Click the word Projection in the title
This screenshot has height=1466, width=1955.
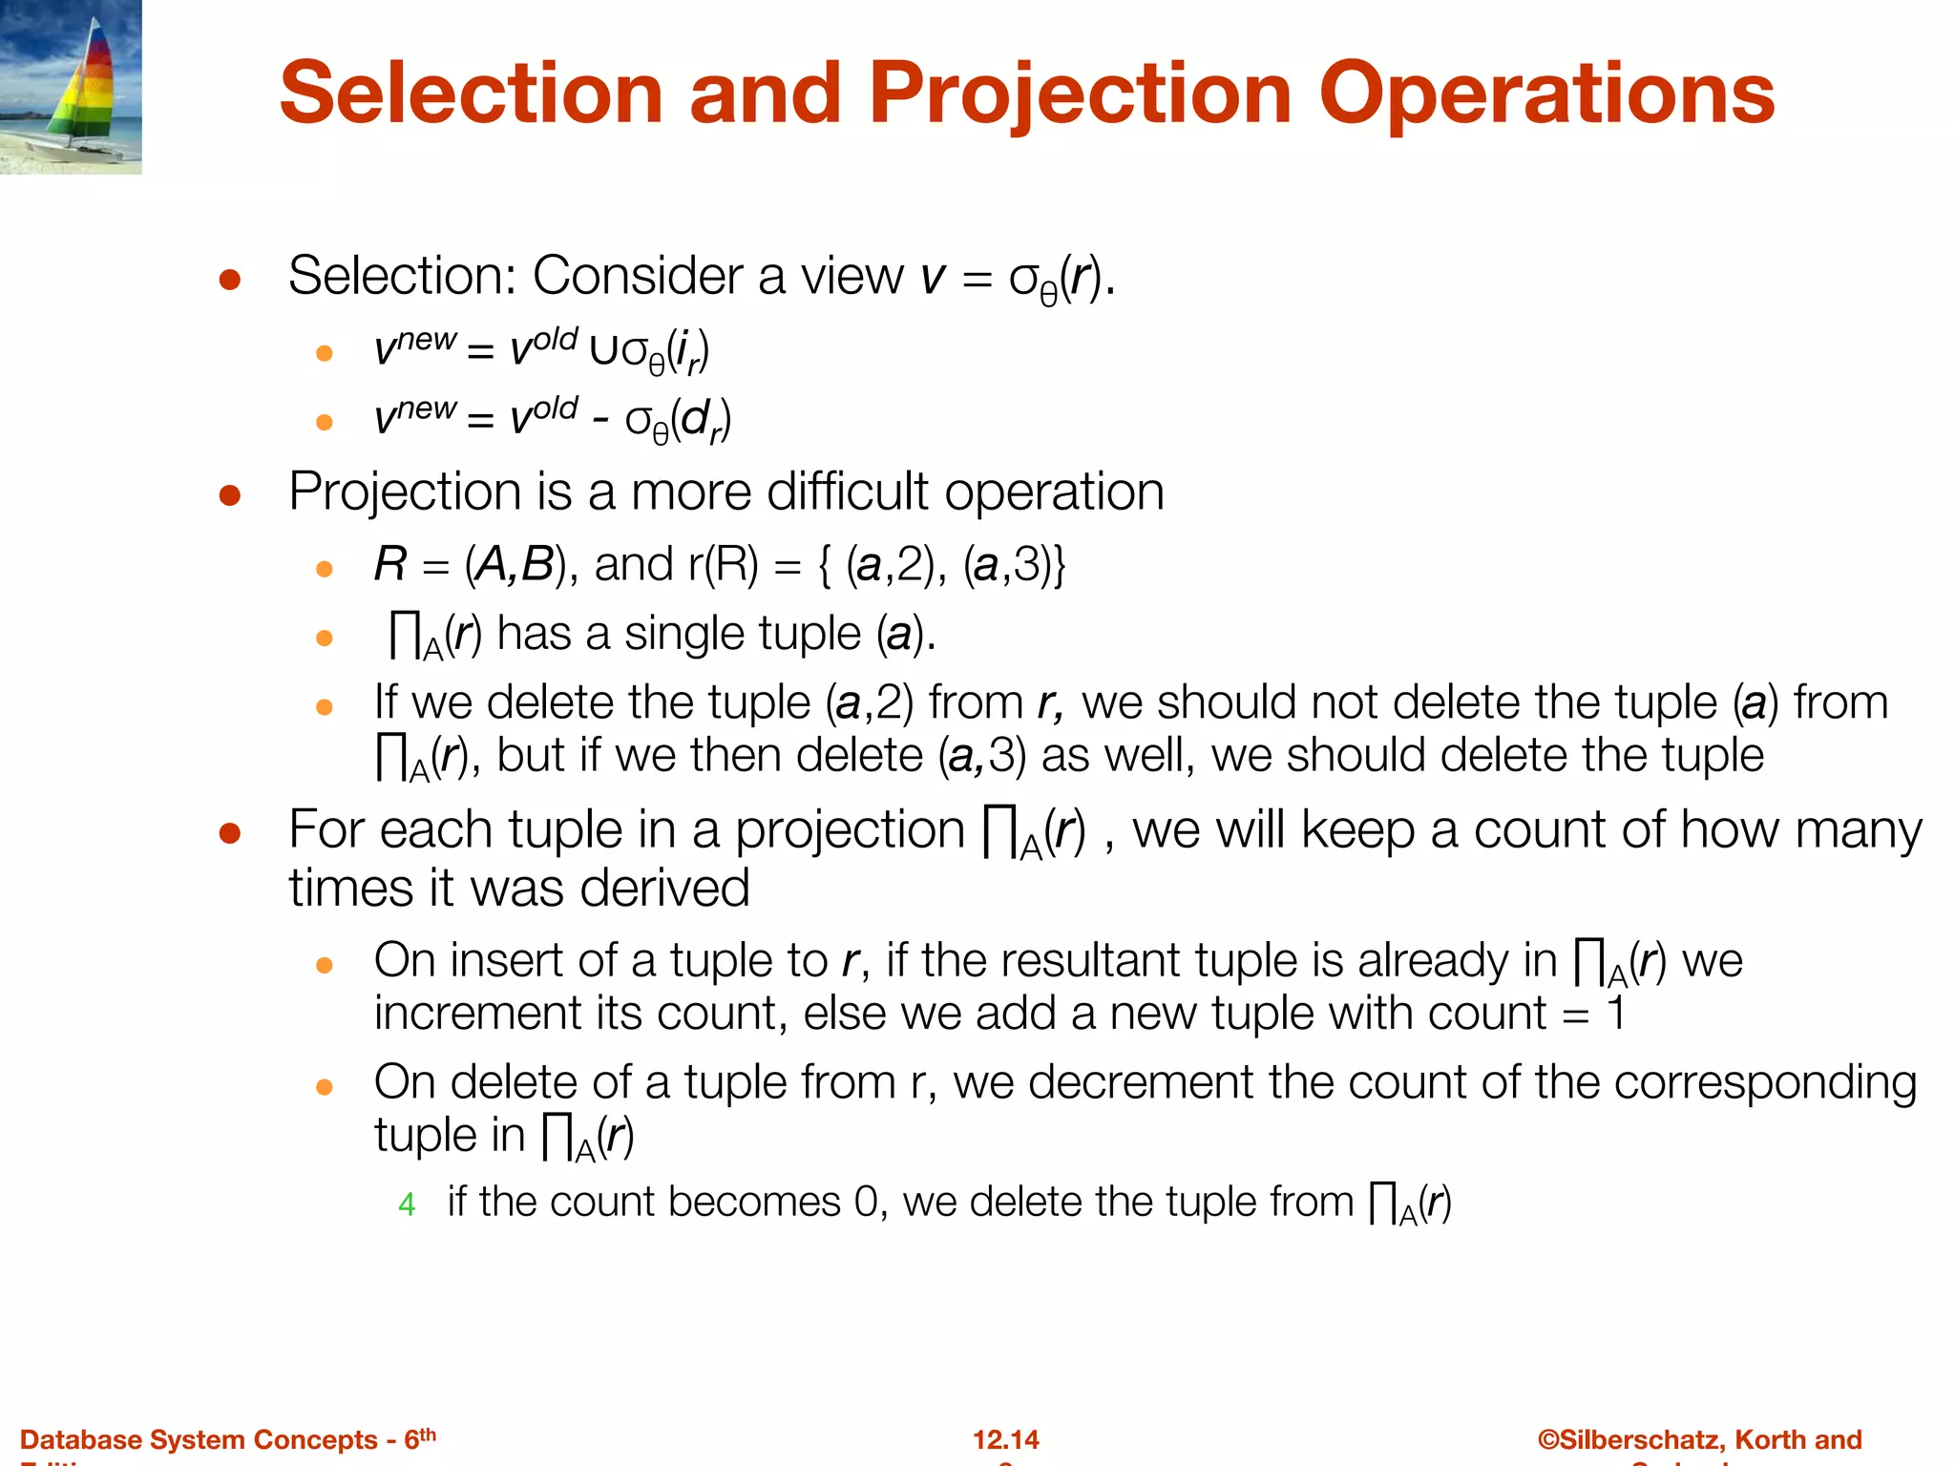[1081, 94]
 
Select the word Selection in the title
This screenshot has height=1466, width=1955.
[471, 94]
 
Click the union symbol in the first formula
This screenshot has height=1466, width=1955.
[603, 351]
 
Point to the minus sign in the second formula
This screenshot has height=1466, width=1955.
[600, 420]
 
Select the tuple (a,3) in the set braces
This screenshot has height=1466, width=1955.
[1009, 565]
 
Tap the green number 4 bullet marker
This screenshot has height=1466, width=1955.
[407, 1204]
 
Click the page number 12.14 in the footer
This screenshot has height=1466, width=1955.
[1005, 1439]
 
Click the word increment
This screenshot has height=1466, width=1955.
[476, 1014]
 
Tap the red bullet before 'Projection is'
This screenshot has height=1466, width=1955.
[229, 495]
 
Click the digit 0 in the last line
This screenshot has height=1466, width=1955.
[866, 1203]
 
